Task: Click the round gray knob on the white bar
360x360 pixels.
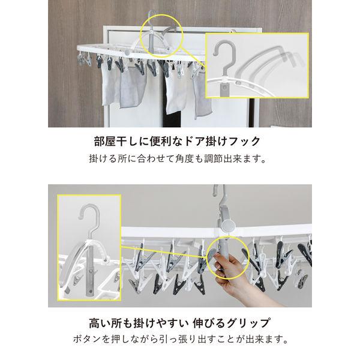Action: (x=228, y=227)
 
